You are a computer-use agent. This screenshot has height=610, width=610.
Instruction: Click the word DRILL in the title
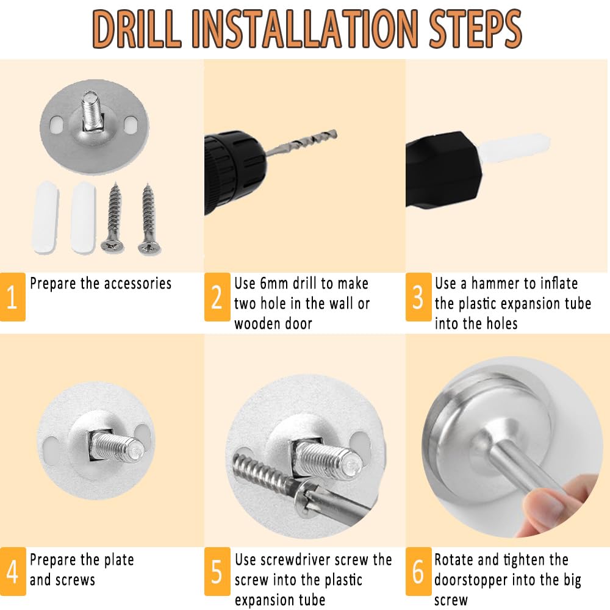coord(137,29)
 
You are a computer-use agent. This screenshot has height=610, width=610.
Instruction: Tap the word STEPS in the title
coord(475,29)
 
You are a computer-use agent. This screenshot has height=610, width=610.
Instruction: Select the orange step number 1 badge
coord(12,297)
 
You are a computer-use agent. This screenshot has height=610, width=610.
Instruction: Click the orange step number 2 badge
coord(217,297)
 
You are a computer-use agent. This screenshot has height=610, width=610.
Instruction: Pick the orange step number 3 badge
coord(418,297)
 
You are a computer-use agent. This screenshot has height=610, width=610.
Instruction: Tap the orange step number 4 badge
coord(13,572)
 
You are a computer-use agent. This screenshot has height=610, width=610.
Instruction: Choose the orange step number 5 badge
coord(217,572)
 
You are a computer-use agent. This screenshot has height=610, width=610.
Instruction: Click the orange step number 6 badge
coord(418,572)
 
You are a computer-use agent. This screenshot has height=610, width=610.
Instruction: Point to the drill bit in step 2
coord(301,143)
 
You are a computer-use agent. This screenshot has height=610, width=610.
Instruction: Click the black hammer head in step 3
coord(443,170)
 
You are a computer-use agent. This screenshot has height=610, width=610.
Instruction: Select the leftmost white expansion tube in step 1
coord(46,217)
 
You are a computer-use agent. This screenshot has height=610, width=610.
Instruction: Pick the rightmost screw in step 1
coord(148,219)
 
